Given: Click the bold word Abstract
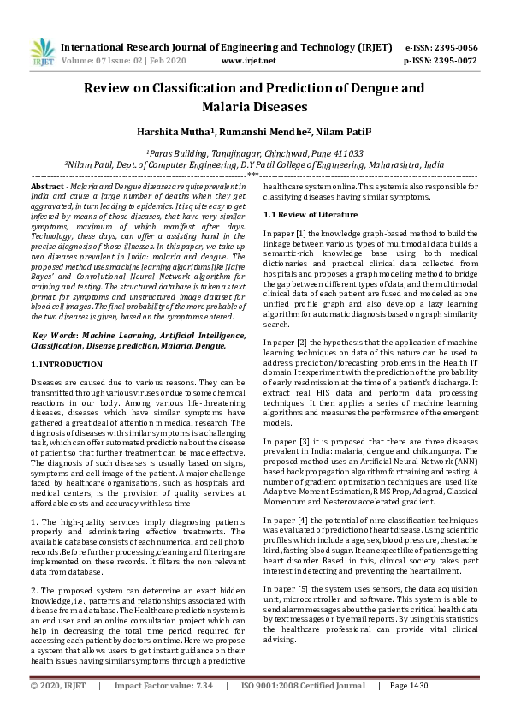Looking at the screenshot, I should pyautogui.click(x=47, y=186).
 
